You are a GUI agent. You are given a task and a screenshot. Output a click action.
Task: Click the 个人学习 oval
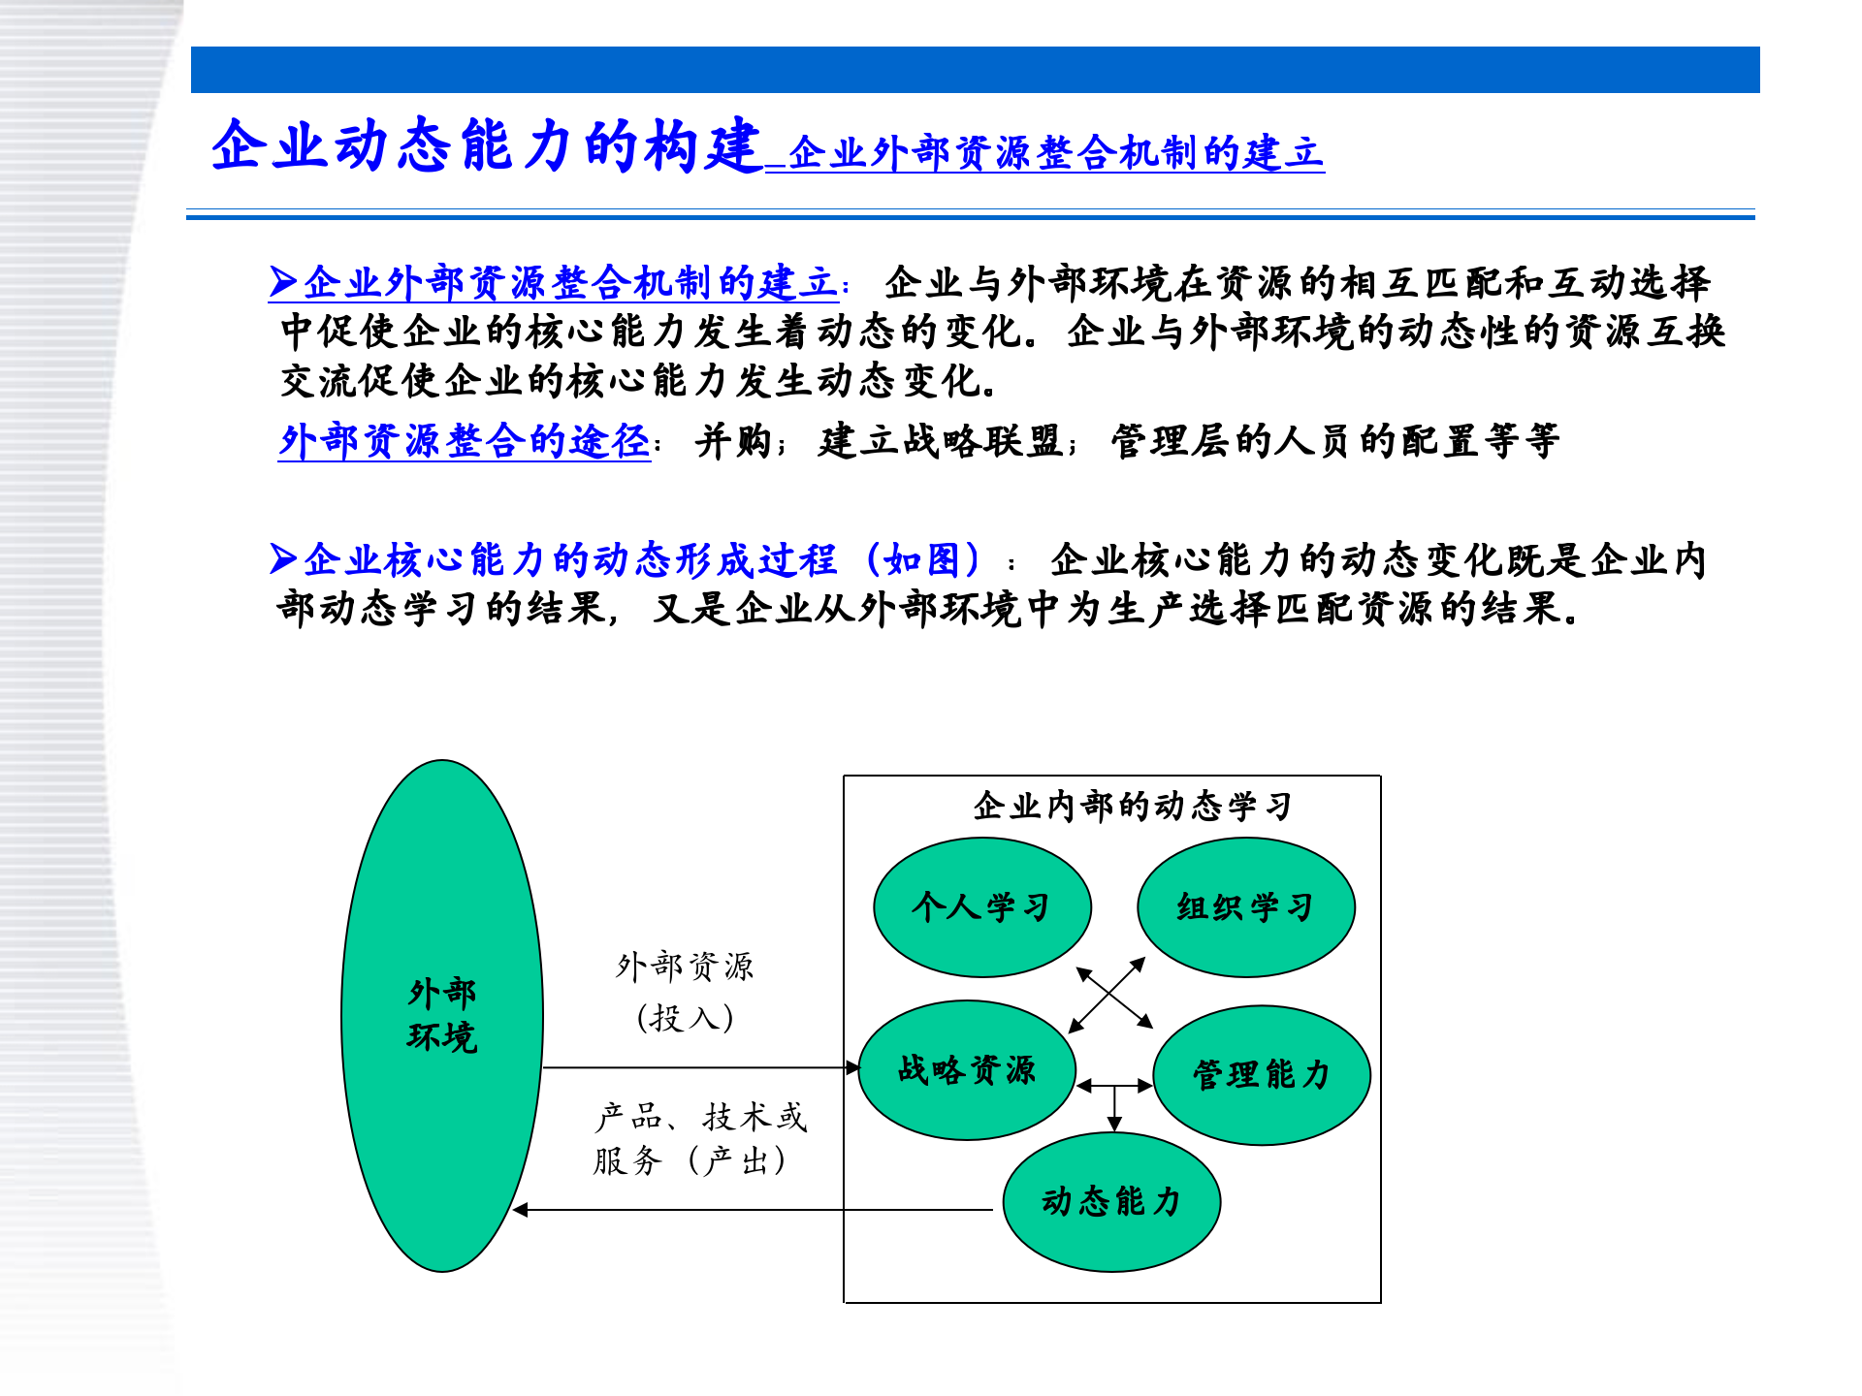pos(981,907)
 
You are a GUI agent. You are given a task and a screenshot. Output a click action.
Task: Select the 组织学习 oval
pos(1245,907)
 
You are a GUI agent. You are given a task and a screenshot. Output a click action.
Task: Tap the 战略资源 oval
pos(967,1070)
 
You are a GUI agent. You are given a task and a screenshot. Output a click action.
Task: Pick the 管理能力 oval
pos(1261,1075)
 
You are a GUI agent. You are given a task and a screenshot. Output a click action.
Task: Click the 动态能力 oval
pos(1111,1202)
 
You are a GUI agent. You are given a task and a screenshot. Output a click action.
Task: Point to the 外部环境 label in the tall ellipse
pos(442,1015)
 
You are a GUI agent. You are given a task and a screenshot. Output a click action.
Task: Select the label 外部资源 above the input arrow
pos(685,967)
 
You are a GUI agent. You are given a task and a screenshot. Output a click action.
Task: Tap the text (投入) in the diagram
pos(685,1018)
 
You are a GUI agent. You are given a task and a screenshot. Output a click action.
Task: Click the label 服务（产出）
pos(690,1160)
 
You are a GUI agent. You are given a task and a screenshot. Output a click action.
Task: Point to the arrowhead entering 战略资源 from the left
pos(852,1067)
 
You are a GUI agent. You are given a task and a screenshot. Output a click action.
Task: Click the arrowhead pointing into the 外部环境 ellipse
pos(521,1210)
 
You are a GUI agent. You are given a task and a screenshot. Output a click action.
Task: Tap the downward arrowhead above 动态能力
pos(1114,1124)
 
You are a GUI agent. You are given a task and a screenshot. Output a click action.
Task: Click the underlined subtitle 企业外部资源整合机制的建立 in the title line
pos(1055,154)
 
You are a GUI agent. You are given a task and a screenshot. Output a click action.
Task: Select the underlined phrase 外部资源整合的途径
pos(465,441)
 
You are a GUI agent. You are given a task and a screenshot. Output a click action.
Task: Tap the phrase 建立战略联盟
pos(941,442)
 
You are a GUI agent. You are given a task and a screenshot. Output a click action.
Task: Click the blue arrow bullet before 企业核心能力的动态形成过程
pos(283,559)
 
